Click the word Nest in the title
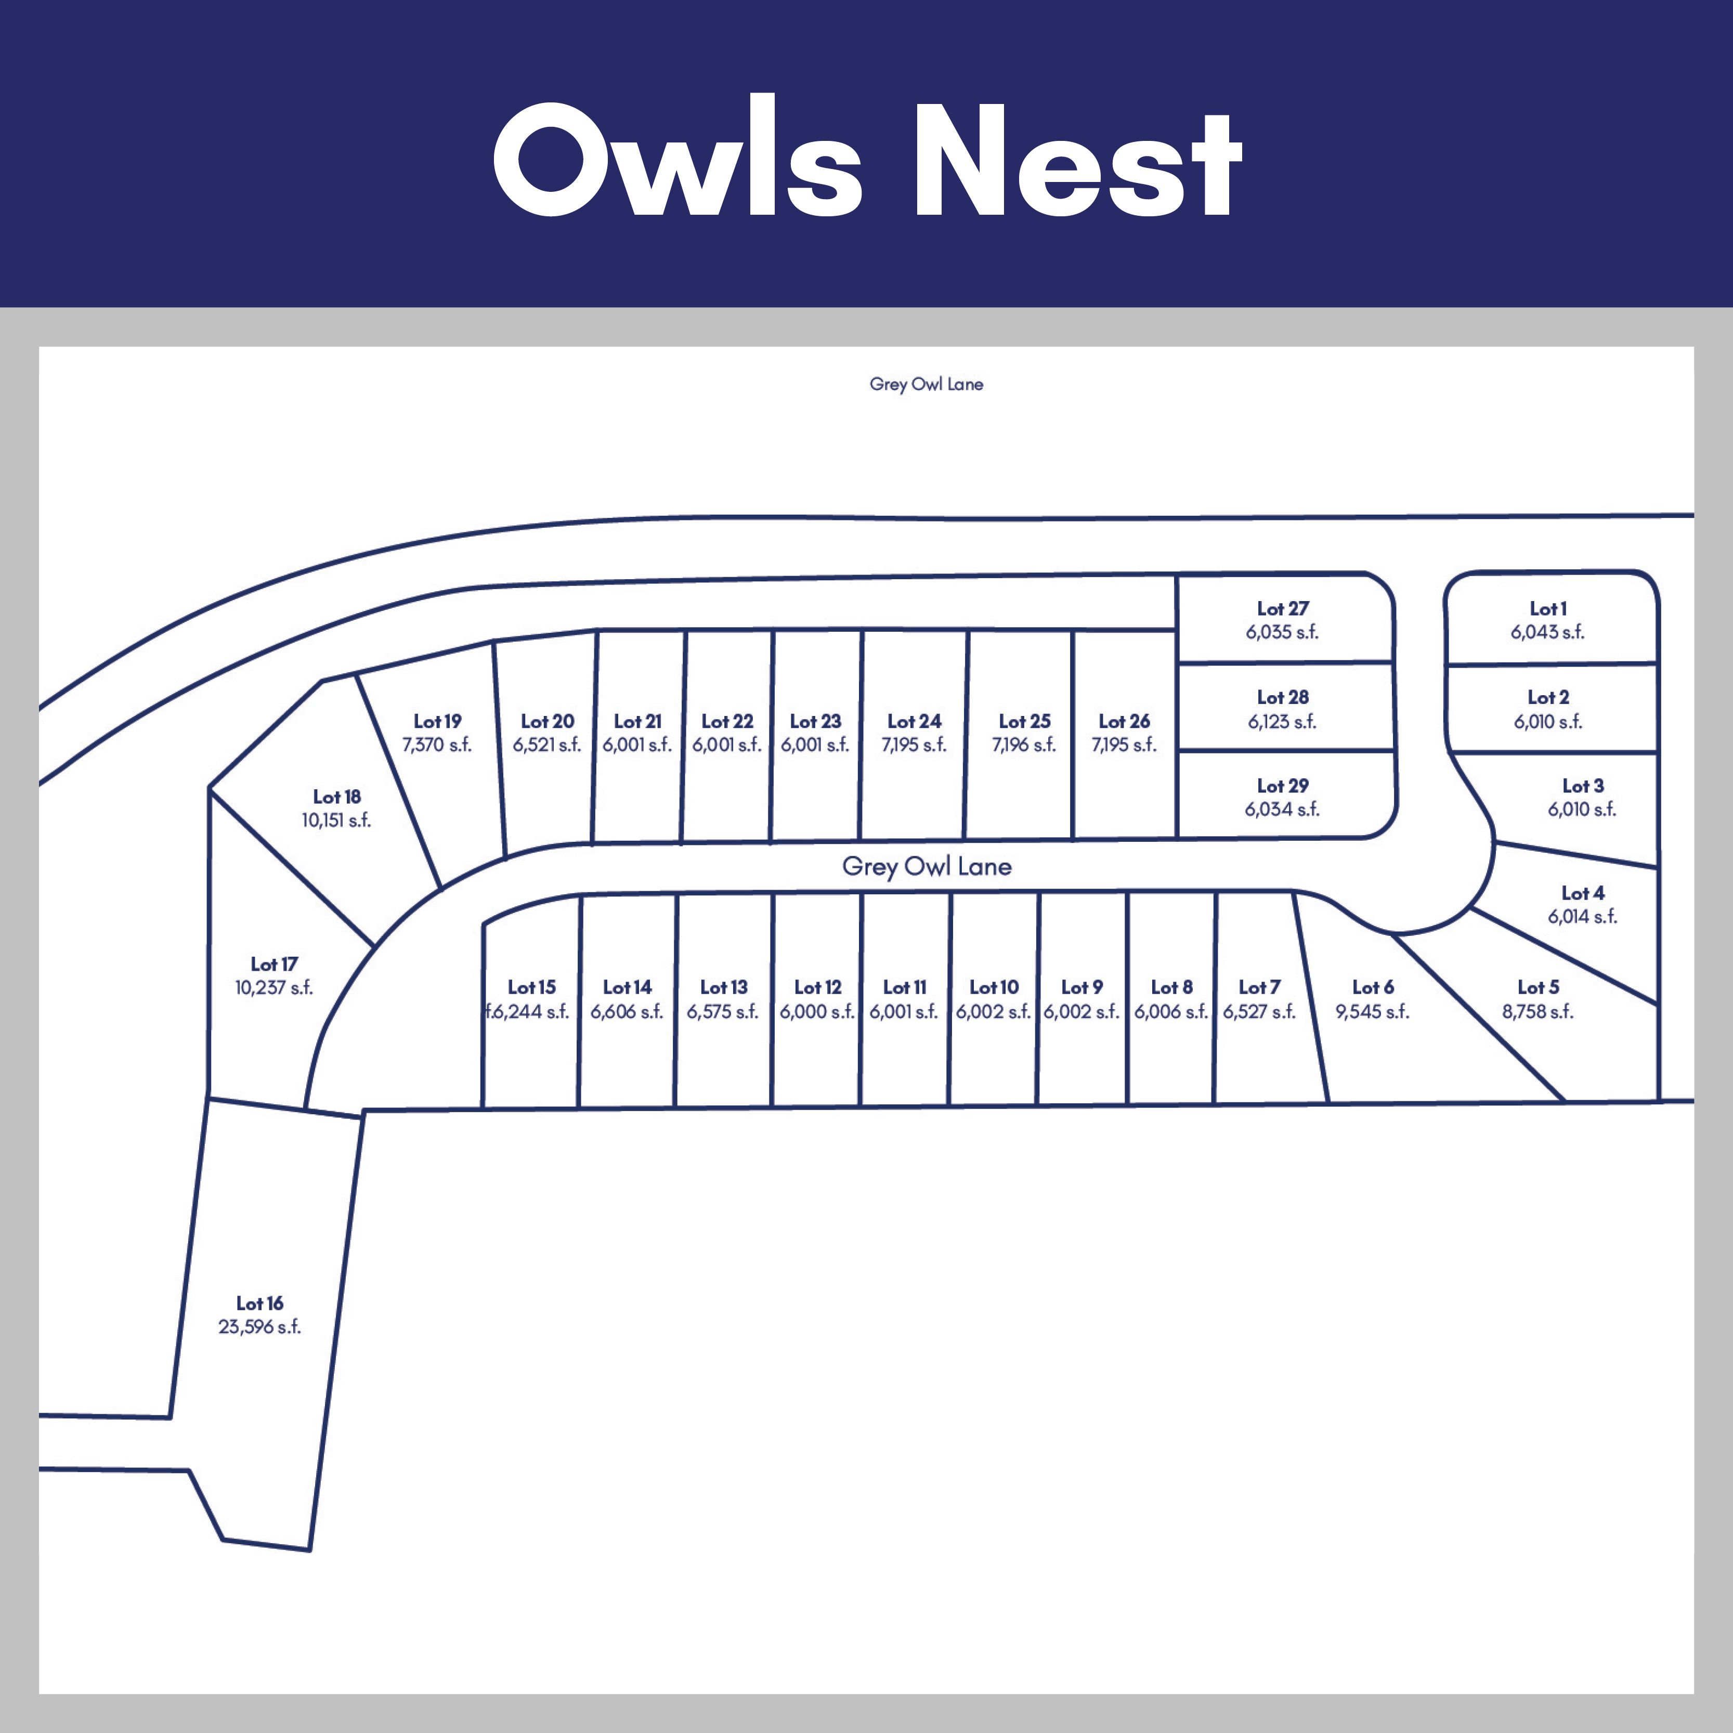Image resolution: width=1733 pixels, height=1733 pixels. (x=1076, y=160)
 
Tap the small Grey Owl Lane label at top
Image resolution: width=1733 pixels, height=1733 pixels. (x=926, y=384)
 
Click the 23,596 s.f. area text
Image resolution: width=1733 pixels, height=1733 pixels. (x=259, y=1327)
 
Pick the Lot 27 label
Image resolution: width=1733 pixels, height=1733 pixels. (x=1283, y=608)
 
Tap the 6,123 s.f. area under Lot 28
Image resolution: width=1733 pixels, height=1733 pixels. (x=1282, y=721)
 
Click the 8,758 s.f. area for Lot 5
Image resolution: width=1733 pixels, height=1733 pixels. (x=1537, y=1011)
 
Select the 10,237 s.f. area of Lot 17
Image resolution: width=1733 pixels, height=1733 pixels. (x=273, y=987)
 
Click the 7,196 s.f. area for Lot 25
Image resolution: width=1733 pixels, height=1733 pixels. (x=1023, y=745)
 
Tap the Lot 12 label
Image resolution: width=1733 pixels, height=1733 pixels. (x=817, y=987)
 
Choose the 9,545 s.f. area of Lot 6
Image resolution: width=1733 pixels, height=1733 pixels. (x=1372, y=1011)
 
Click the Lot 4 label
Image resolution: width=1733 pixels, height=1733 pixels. (x=1582, y=893)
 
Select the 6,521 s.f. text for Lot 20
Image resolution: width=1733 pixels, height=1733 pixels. (x=546, y=745)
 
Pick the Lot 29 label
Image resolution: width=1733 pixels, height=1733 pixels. (x=1283, y=786)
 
